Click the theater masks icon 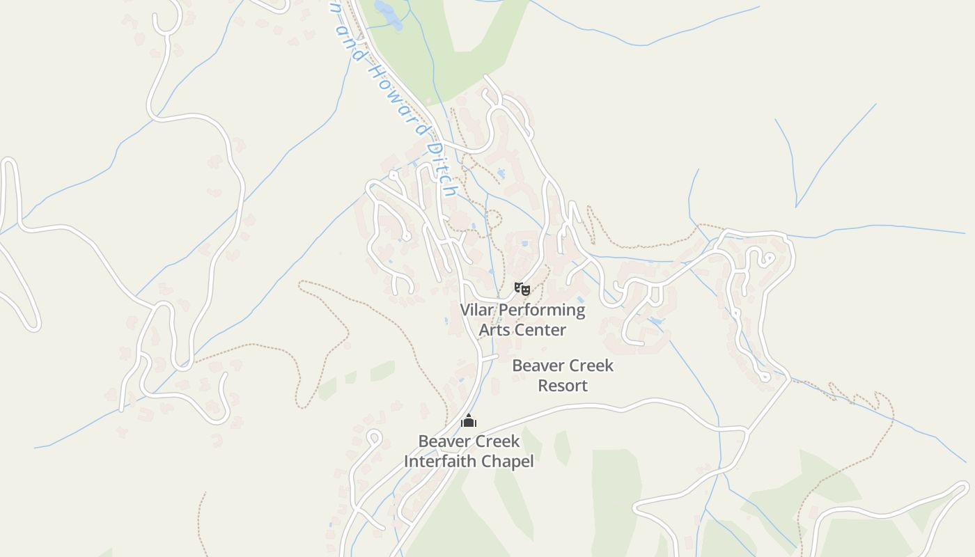tap(522, 288)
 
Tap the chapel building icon tap(469, 421)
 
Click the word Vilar tap(477, 310)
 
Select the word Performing tap(541, 311)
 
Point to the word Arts tap(494, 330)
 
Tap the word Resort tap(563, 386)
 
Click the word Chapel tap(510, 461)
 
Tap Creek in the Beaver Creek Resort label tap(589, 366)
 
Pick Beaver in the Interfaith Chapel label tap(443, 441)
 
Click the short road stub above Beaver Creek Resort tap(490, 358)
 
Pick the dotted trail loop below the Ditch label tap(492, 219)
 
